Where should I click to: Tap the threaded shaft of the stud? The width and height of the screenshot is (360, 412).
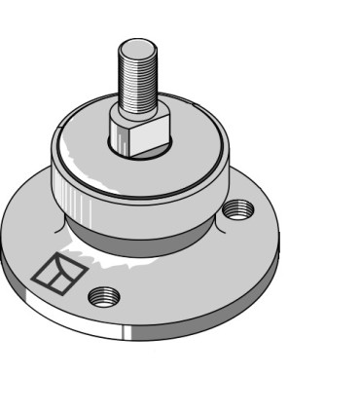[x=135, y=78]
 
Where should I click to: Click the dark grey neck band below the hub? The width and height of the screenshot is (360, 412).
[x=146, y=234]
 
